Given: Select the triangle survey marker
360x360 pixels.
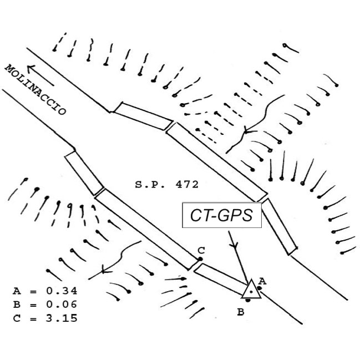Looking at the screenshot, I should coord(252,289).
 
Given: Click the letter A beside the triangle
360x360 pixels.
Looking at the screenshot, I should coord(262,281).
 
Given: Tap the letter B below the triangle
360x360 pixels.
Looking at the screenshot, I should coord(241,312).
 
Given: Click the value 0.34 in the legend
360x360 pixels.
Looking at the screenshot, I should coord(61,291).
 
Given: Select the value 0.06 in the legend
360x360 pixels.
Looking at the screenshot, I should coord(61,305).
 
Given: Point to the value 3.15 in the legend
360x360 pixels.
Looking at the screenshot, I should coord(61,318).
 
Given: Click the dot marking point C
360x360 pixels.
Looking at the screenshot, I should coord(200,258).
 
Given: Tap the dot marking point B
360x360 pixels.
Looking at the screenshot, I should coord(249,300).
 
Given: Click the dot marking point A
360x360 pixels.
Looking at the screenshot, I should coord(259,288).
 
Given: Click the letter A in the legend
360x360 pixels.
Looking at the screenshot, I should coord(16,291).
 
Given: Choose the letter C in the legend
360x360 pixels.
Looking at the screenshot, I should coord(16,318).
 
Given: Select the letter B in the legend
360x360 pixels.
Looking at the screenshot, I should coord(16,305).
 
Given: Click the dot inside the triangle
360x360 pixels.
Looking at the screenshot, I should coord(252,291).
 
